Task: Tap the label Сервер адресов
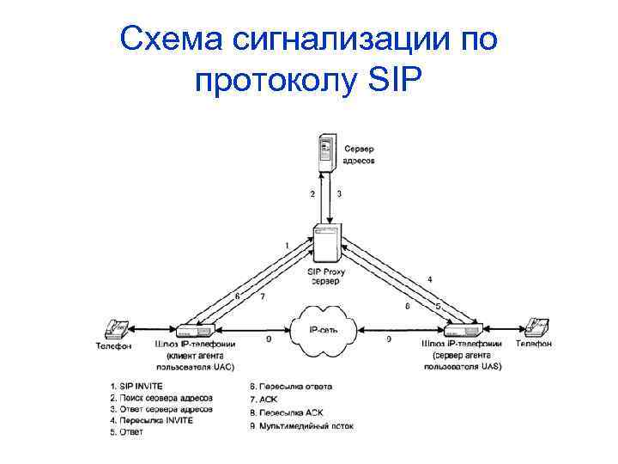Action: [x=360, y=154]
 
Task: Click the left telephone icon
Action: [x=115, y=327]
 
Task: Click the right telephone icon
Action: [x=536, y=327]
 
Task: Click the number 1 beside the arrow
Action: [x=287, y=246]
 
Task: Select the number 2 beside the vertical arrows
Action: [x=312, y=194]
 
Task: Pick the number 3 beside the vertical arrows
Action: [x=339, y=194]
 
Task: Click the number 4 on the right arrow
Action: [x=429, y=279]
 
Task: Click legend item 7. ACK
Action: [x=262, y=399]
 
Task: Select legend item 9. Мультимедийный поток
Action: [x=300, y=424]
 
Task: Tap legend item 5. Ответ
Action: [x=127, y=432]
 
